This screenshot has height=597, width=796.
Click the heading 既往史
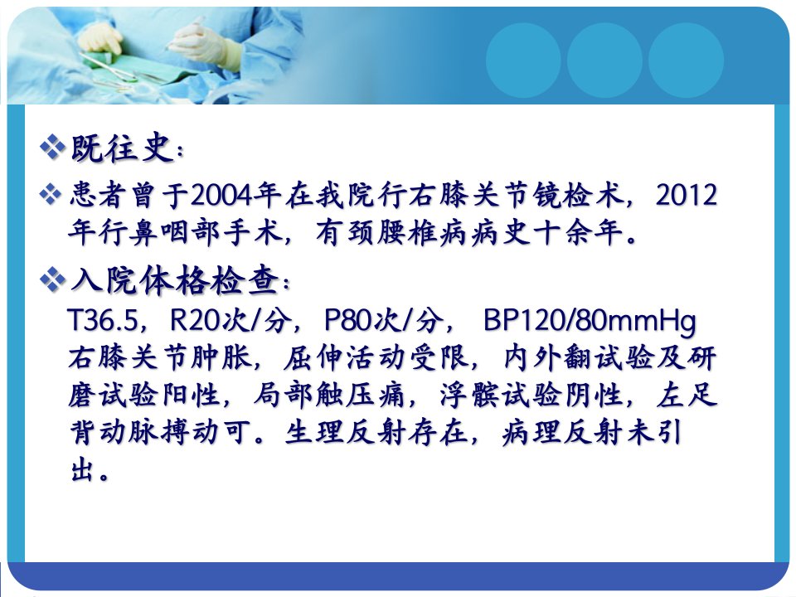[x=122, y=148]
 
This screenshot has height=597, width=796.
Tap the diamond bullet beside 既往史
[x=52, y=148]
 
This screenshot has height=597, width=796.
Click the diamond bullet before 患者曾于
[x=51, y=194]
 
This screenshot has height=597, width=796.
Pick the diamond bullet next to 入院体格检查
[x=52, y=279]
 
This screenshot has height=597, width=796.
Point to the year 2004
[x=221, y=195]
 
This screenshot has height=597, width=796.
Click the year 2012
[x=687, y=195]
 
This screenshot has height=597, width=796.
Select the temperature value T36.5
[x=103, y=320]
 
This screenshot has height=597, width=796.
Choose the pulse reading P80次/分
[x=383, y=320]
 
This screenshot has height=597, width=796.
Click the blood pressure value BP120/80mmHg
[x=590, y=322]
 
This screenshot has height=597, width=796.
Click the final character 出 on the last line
[x=82, y=469]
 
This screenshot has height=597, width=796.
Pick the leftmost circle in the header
[x=523, y=61]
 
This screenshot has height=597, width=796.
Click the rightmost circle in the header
[x=686, y=61]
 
